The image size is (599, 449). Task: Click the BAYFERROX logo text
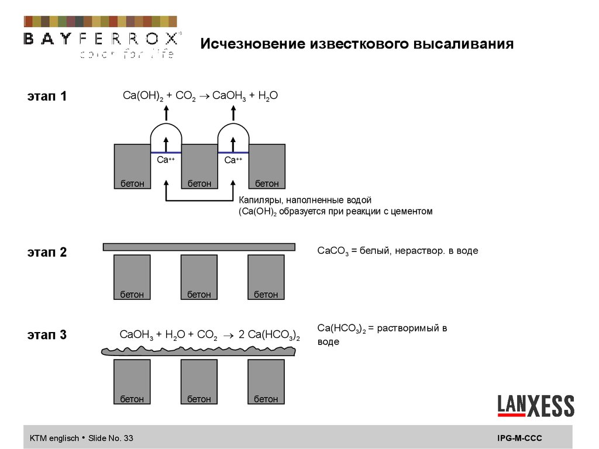(101, 39)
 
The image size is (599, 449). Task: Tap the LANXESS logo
(536, 405)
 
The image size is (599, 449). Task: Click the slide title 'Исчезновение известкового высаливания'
(357, 44)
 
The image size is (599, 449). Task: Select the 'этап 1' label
(47, 96)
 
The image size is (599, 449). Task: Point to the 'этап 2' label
(47, 253)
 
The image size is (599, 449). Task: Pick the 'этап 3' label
(47, 335)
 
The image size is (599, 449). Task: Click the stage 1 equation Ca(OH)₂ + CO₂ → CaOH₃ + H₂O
(200, 96)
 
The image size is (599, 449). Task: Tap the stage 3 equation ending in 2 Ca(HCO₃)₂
(209, 335)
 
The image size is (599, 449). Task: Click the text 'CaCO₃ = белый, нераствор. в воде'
(398, 251)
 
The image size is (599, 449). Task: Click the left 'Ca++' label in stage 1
(166, 160)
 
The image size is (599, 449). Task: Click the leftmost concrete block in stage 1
(132, 166)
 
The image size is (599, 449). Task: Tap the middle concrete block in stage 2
(199, 277)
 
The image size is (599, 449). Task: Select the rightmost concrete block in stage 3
(266, 381)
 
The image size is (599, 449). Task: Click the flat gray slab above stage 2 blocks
(199, 247)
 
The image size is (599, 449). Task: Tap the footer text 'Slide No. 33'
(111, 438)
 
